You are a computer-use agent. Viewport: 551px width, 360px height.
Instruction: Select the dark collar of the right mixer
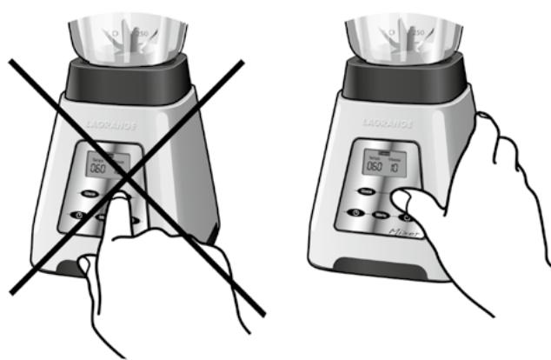(402, 79)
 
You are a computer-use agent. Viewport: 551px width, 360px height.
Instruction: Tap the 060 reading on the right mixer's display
(375, 166)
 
